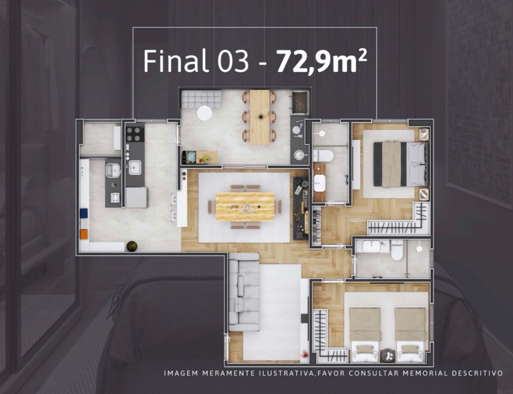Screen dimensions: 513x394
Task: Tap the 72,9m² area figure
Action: tap(322, 61)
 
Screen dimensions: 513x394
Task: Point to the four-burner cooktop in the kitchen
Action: tap(135, 134)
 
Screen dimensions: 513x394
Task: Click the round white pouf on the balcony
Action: tap(204, 113)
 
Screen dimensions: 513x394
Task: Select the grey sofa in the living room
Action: tap(244, 292)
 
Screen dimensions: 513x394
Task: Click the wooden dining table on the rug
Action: tap(245, 207)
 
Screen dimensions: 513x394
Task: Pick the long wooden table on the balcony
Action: tap(260, 117)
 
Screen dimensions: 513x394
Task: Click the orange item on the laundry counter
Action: tap(84, 234)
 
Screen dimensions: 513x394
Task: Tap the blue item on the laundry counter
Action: tap(84, 213)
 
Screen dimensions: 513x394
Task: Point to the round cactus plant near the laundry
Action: tap(132, 246)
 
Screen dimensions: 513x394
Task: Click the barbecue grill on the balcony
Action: tap(299, 103)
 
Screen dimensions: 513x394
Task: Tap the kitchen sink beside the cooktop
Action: tap(135, 167)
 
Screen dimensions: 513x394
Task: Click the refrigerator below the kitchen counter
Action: tap(136, 197)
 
